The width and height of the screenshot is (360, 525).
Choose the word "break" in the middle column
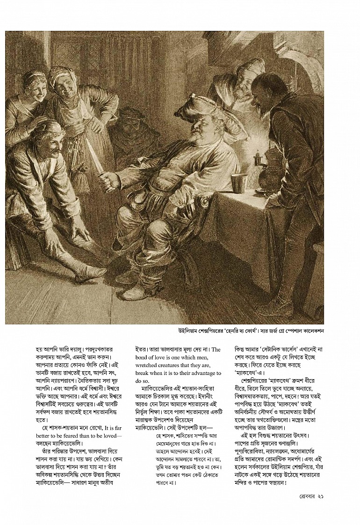click(143, 373)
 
